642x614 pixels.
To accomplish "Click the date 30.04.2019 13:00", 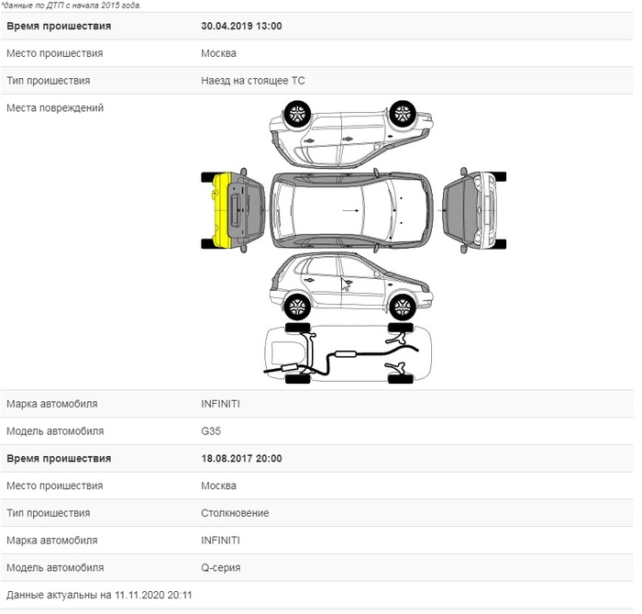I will point(240,26).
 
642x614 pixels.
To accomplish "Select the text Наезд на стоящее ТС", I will point(252,81).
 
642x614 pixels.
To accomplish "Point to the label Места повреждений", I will point(55,108).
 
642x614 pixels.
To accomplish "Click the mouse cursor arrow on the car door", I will point(346,284).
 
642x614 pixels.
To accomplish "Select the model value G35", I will point(211,431).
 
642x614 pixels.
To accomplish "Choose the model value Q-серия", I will point(220,568).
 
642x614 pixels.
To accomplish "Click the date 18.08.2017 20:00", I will point(240,459).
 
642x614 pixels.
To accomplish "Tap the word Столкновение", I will point(235,513).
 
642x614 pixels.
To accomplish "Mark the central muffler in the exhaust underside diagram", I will point(346,353).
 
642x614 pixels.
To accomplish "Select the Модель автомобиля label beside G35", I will point(55,431).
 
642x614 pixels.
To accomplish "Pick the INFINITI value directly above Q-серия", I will point(220,541).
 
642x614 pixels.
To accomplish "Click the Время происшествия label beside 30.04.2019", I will point(59,26).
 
